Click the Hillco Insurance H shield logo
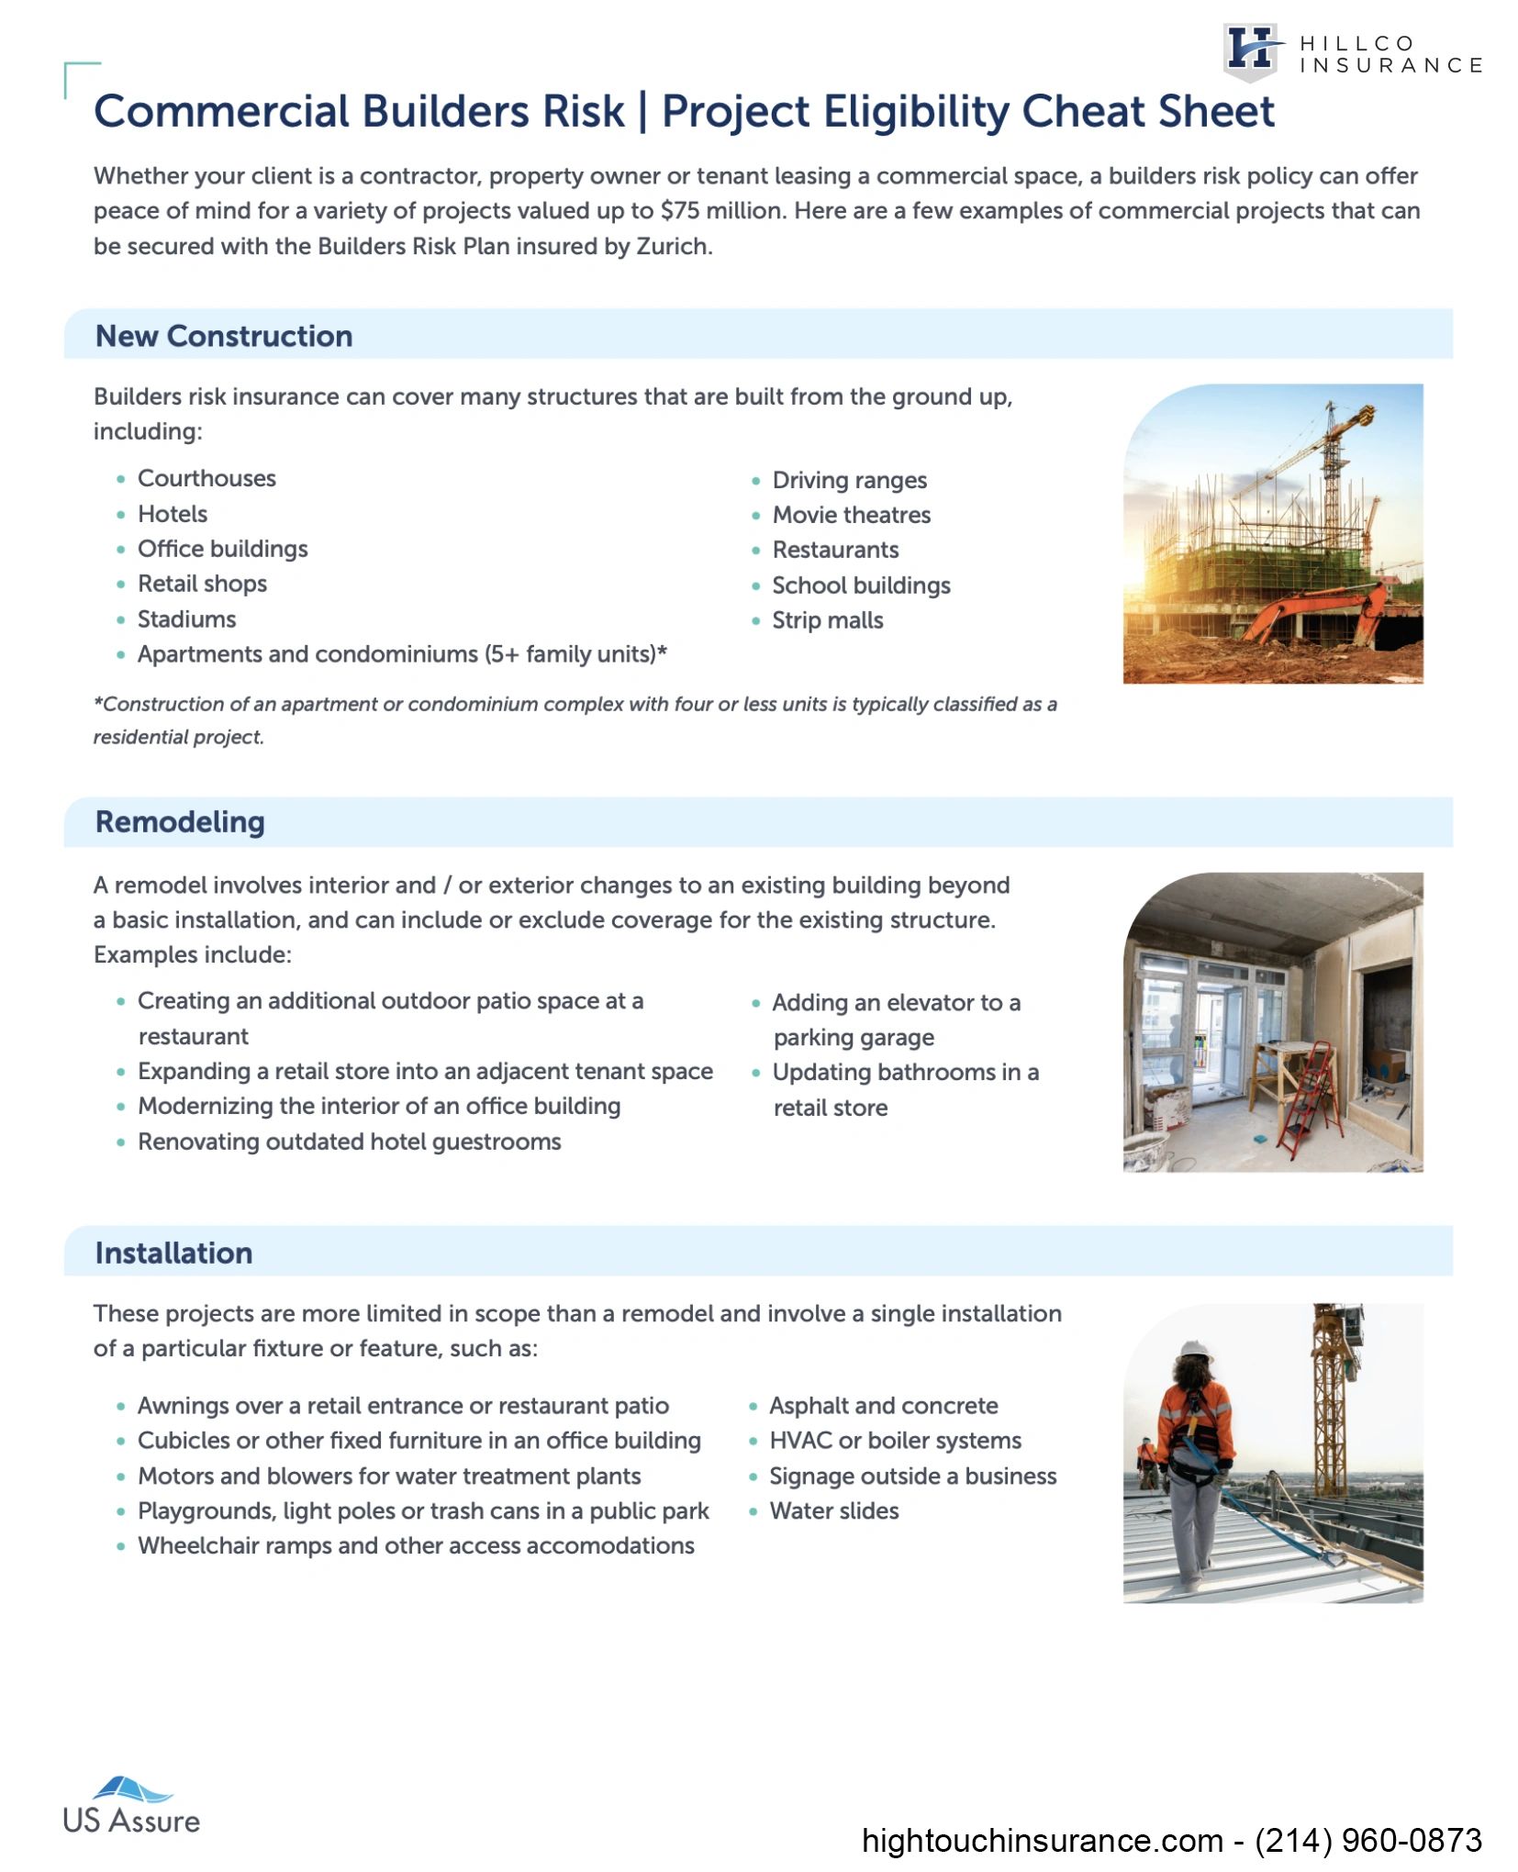[1250, 51]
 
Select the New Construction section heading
[223, 336]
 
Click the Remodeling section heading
[180, 821]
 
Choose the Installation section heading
[173, 1253]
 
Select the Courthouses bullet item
[206, 478]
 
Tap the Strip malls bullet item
[827, 620]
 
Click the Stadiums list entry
[186, 619]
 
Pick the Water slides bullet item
[833, 1510]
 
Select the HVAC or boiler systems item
[895, 1440]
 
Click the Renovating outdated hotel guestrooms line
[349, 1142]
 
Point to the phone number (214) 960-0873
[1367, 1840]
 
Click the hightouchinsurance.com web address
[1042, 1840]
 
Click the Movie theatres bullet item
[851, 515]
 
